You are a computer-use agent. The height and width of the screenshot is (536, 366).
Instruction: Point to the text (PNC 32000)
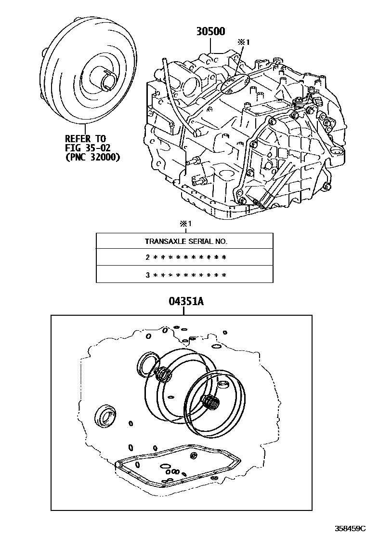[x=92, y=157]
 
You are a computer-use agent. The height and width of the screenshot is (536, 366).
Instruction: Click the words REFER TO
[x=85, y=138]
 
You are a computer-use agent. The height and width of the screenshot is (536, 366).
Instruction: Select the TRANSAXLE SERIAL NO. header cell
[x=185, y=241]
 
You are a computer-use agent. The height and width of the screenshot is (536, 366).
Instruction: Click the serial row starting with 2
[x=185, y=257]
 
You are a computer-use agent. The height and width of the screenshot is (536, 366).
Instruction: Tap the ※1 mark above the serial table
[x=185, y=224]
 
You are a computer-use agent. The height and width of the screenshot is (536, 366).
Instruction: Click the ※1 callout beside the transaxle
[x=244, y=42]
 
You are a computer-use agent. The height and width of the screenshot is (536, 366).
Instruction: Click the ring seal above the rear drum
[x=147, y=364]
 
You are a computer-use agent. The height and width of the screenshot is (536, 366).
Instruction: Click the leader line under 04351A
[x=185, y=311]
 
